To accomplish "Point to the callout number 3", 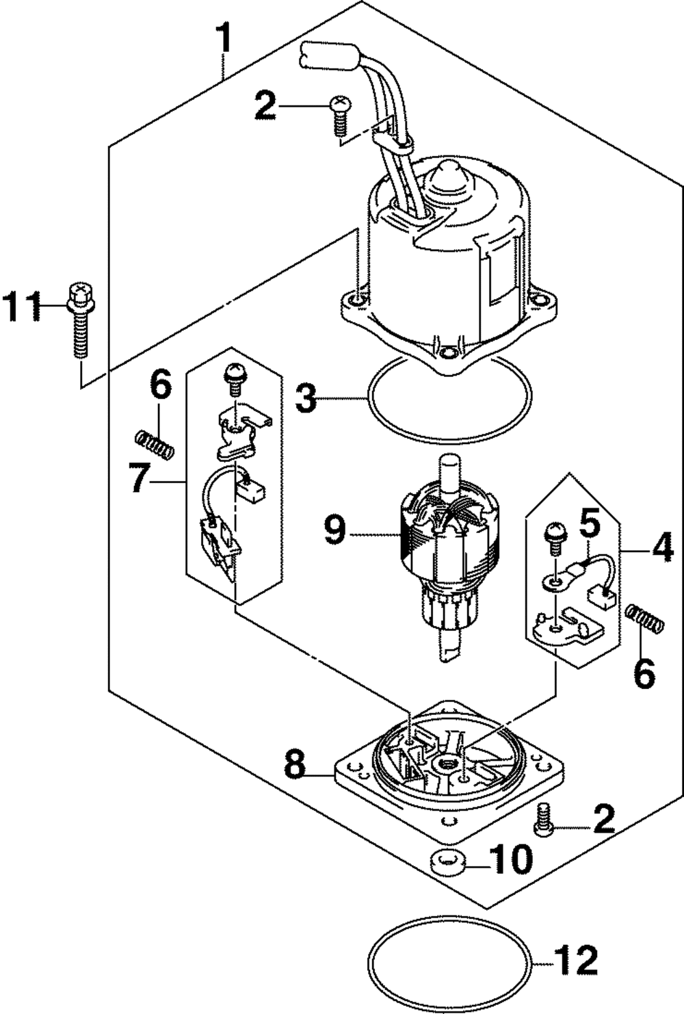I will point(306,398).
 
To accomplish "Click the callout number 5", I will point(590,523).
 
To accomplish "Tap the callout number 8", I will point(294,765).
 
